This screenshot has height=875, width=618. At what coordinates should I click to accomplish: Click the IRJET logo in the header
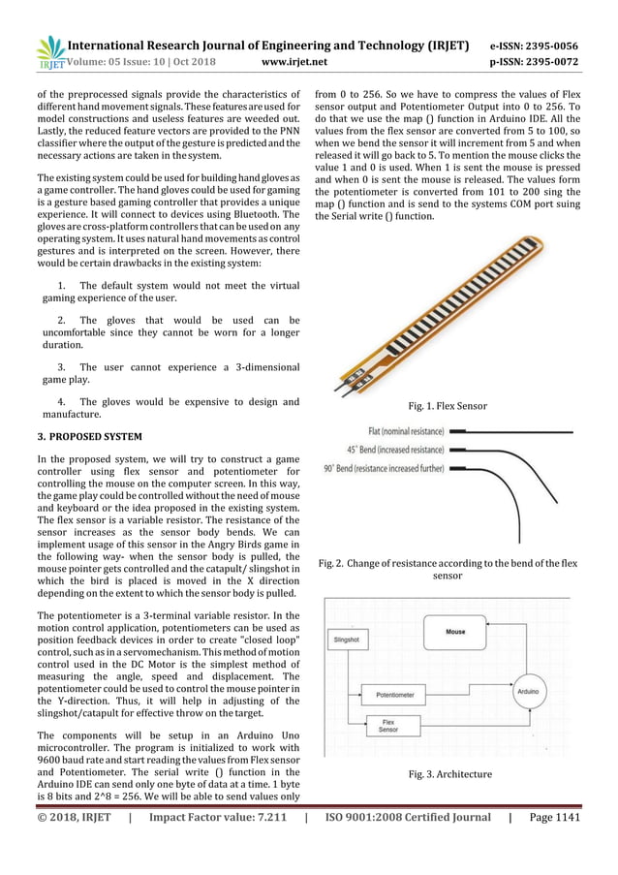point(48,53)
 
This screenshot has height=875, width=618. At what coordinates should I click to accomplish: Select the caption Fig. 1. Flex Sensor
point(448,405)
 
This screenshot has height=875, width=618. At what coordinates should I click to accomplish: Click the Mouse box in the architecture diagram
point(455,632)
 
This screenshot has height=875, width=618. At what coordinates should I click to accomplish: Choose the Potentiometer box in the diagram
point(394,695)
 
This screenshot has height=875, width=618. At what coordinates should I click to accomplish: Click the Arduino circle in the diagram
point(528,693)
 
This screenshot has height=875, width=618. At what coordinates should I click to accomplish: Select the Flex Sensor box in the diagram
point(388,726)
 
